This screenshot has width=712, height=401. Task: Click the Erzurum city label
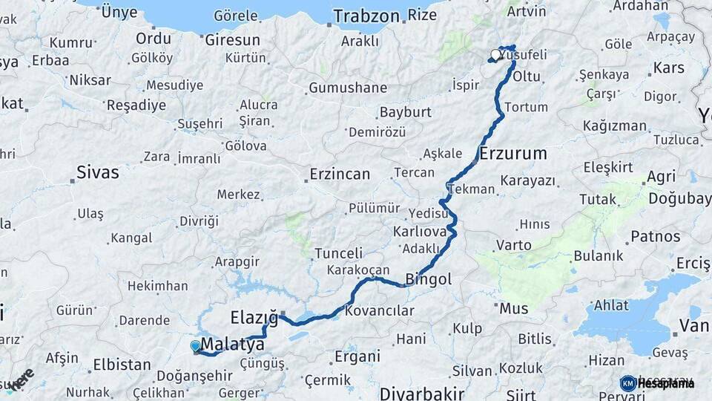coord(513,154)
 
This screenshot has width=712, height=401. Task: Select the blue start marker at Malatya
coord(195,345)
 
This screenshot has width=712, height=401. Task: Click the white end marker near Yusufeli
coord(495,54)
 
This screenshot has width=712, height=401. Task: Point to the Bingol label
coord(429,280)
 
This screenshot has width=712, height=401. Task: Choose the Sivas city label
coord(98,173)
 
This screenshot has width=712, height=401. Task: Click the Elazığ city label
coord(254,318)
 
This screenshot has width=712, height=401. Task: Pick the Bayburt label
coord(405,112)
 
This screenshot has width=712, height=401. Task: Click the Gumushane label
coord(348,88)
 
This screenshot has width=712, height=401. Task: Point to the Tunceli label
coord(339,253)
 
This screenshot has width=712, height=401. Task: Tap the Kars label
coord(669,68)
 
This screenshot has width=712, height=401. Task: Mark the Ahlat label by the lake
coord(611,304)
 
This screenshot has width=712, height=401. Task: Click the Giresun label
coord(232,39)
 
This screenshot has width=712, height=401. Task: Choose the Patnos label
coord(655,237)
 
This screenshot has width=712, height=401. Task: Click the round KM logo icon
coord(628,383)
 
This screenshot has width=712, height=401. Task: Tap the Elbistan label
coord(122,365)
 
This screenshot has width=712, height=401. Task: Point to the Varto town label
coord(513,244)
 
